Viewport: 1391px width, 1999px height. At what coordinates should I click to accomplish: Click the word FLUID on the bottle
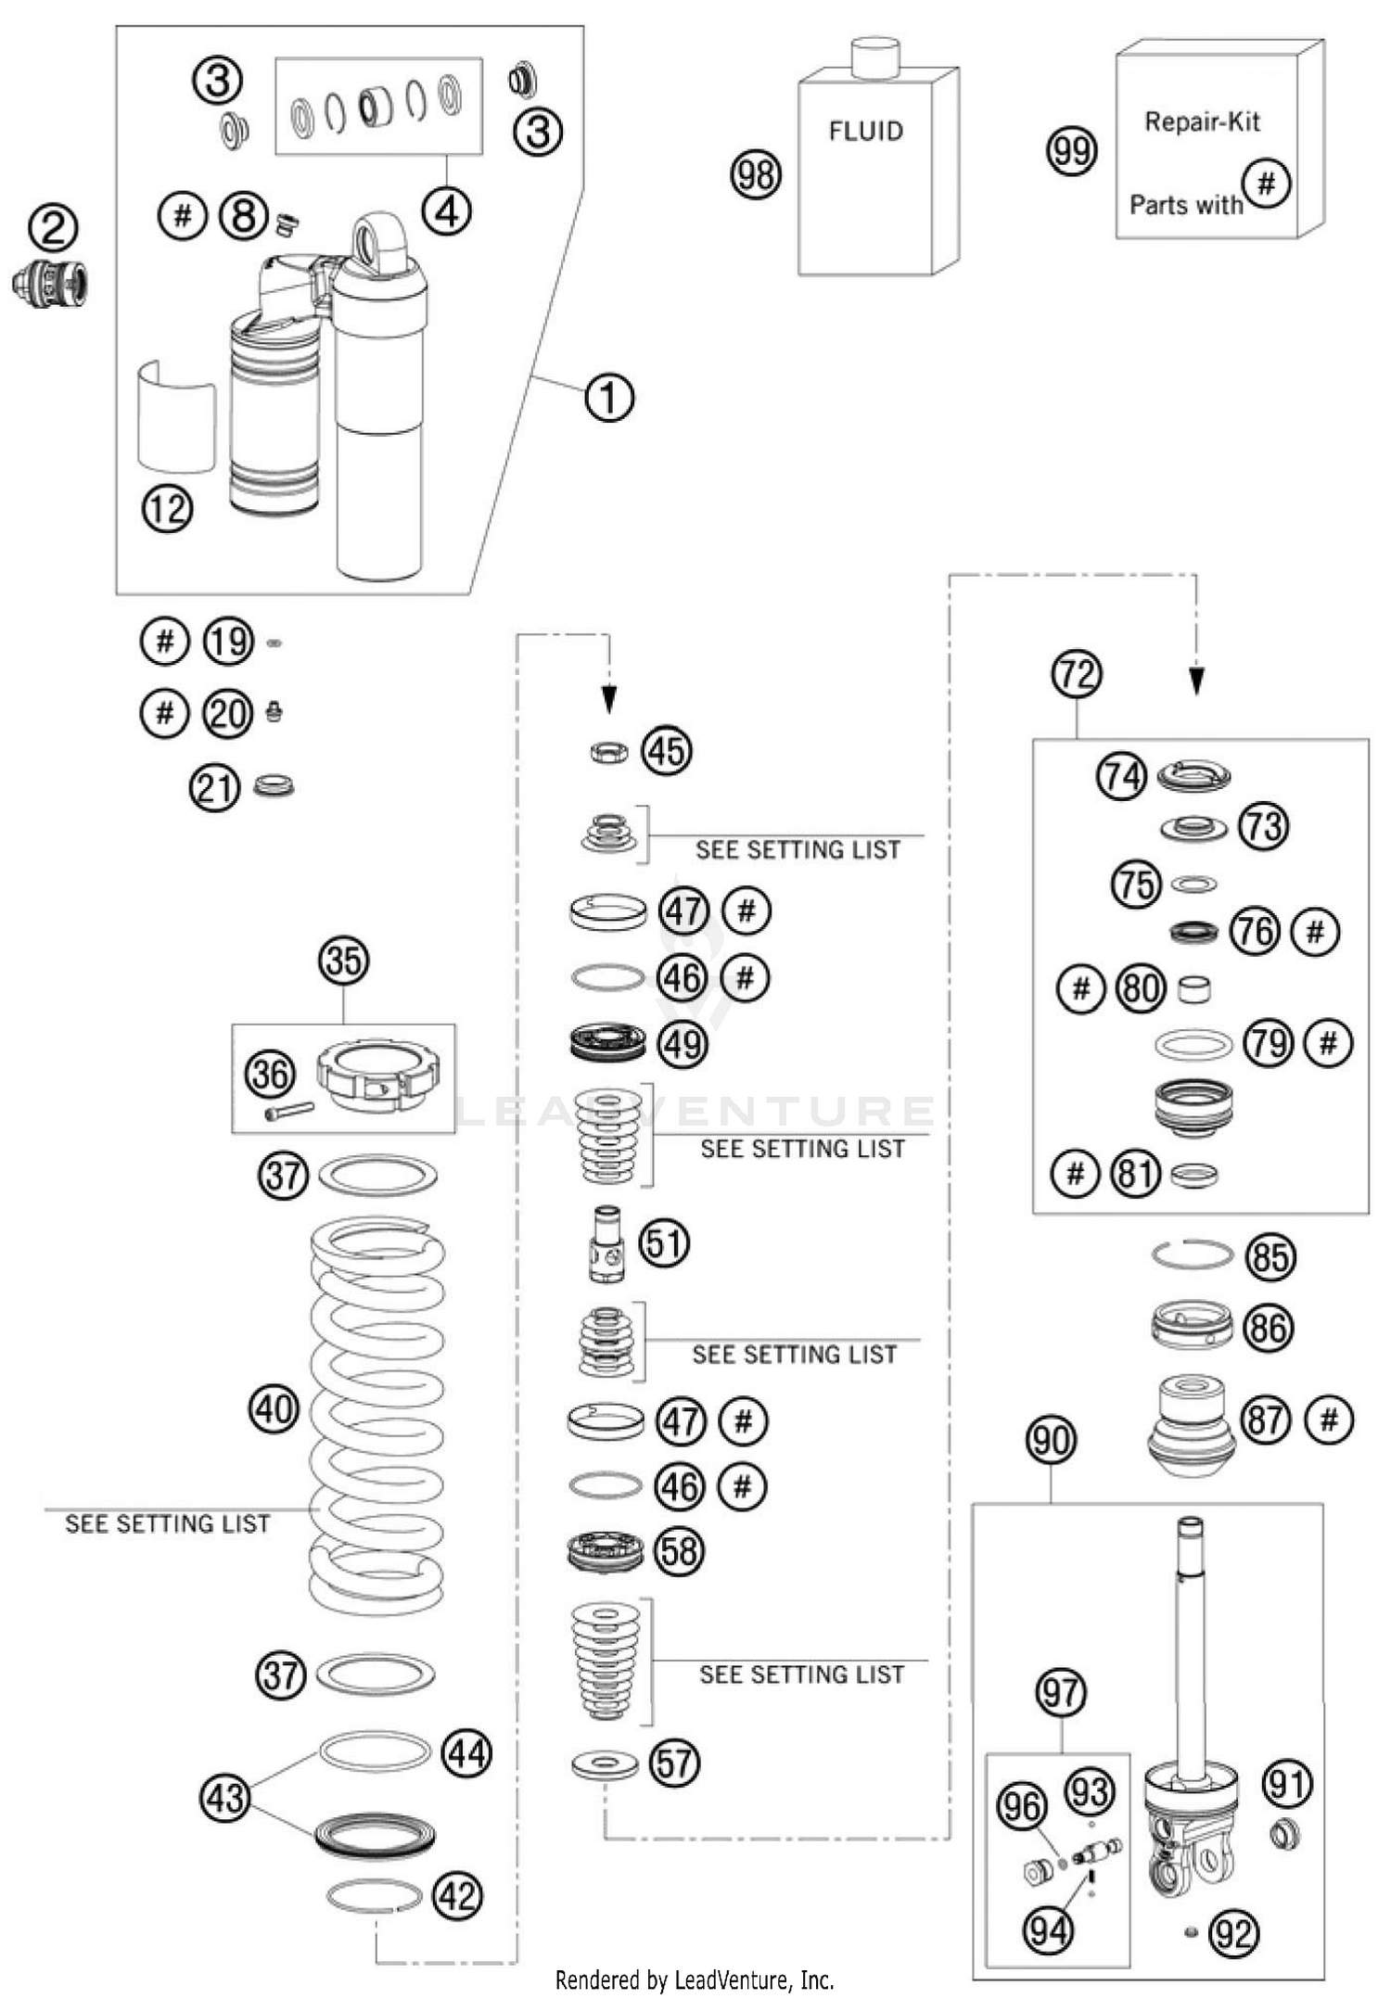pos(865,131)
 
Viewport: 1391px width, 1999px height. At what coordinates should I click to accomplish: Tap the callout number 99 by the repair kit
pos(1071,150)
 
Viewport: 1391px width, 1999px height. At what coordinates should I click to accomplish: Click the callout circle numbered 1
pos(608,398)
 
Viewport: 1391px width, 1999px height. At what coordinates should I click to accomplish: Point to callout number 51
pos(664,1242)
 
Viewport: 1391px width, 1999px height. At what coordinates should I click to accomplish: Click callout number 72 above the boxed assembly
pos(1076,673)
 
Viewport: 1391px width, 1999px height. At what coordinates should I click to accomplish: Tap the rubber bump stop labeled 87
pos(1192,1424)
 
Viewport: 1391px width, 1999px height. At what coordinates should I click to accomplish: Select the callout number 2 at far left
pos(53,227)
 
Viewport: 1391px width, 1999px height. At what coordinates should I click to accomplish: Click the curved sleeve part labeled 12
pos(176,417)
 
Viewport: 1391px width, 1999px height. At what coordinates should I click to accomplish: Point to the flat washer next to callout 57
pos(605,1763)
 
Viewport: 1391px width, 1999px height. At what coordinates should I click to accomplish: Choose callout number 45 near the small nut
pos(667,750)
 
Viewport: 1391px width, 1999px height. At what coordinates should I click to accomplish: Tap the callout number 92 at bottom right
pos(1234,1933)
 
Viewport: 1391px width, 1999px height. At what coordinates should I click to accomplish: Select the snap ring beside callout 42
pos(375,1895)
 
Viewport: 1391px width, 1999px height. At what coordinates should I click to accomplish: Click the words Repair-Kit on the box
pos(1202,121)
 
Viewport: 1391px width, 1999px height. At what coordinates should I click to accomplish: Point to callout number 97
pos(1060,1693)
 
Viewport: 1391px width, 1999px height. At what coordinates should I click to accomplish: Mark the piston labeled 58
pos(606,1550)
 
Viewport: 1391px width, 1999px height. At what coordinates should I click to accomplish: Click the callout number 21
pos(214,788)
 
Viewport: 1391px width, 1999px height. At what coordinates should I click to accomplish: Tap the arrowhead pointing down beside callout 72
pos(1196,681)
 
